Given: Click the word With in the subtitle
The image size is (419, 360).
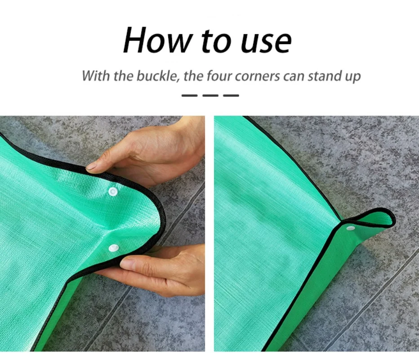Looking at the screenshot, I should [x=96, y=76].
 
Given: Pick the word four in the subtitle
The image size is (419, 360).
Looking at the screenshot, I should [x=221, y=76].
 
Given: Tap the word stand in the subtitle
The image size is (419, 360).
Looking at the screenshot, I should [x=325, y=76].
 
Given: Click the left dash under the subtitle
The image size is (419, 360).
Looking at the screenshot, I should [x=189, y=95].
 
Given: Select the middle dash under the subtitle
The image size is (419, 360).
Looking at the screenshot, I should [x=210, y=95].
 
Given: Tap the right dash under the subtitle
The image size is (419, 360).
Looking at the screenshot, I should [x=231, y=95].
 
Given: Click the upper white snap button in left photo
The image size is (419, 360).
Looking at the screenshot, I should [x=113, y=192].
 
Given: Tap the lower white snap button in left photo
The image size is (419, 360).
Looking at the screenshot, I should [x=113, y=248].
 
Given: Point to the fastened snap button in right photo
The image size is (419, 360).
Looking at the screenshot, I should [x=350, y=228].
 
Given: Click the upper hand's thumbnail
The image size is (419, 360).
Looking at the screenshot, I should [x=92, y=166].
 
